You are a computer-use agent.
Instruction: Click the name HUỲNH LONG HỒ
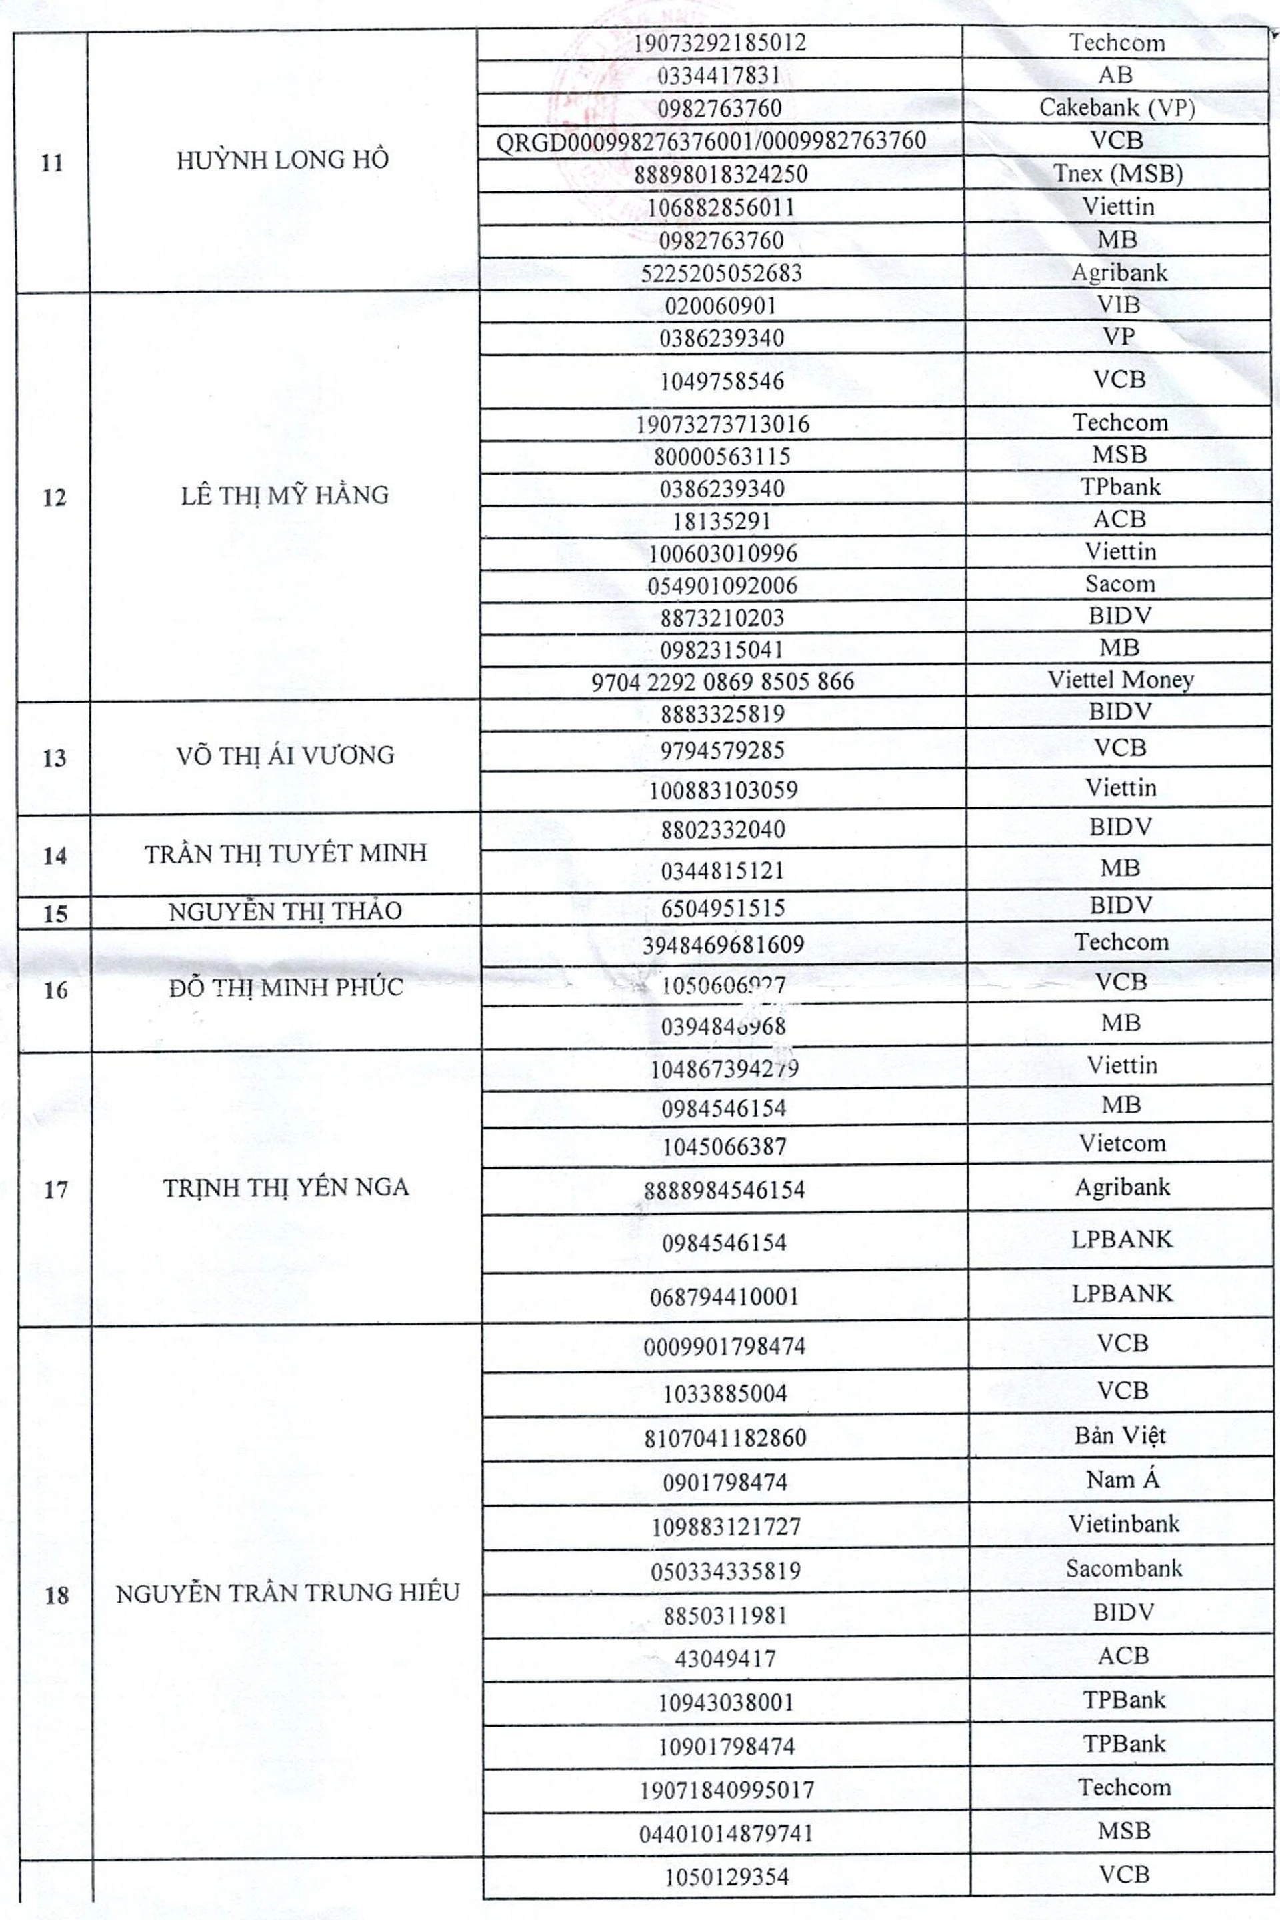point(283,160)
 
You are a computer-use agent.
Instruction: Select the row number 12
point(54,497)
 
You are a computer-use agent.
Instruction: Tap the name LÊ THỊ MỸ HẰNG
point(284,495)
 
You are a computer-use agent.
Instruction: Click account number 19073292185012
point(721,43)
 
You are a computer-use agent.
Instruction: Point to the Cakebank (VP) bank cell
point(1116,109)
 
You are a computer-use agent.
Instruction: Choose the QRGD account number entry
point(711,141)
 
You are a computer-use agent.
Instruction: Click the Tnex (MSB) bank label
point(1117,174)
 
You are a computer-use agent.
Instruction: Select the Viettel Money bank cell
point(1121,680)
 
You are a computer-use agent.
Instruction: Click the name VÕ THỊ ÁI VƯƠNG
point(285,755)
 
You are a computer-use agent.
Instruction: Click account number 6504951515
point(723,909)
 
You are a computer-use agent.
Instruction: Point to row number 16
point(55,992)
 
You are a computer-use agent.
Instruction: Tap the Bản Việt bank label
point(1120,1436)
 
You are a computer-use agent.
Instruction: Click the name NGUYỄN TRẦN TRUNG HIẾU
point(287,1593)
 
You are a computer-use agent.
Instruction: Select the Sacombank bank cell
point(1123,1568)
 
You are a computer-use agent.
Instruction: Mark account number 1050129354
point(726,1877)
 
